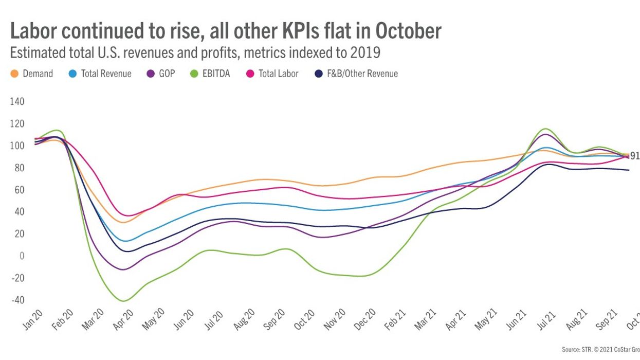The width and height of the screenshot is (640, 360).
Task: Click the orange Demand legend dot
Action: click(x=14, y=74)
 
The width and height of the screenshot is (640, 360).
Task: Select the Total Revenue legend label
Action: click(x=106, y=74)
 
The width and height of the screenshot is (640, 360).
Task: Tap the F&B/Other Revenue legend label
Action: click(x=362, y=74)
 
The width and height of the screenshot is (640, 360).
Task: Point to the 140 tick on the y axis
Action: click(x=17, y=102)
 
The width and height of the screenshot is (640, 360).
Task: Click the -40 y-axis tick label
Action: click(x=17, y=300)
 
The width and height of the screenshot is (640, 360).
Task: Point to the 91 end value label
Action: click(x=635, y=156)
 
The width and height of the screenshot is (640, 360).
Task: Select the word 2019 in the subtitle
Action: click(x=367, y=53)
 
